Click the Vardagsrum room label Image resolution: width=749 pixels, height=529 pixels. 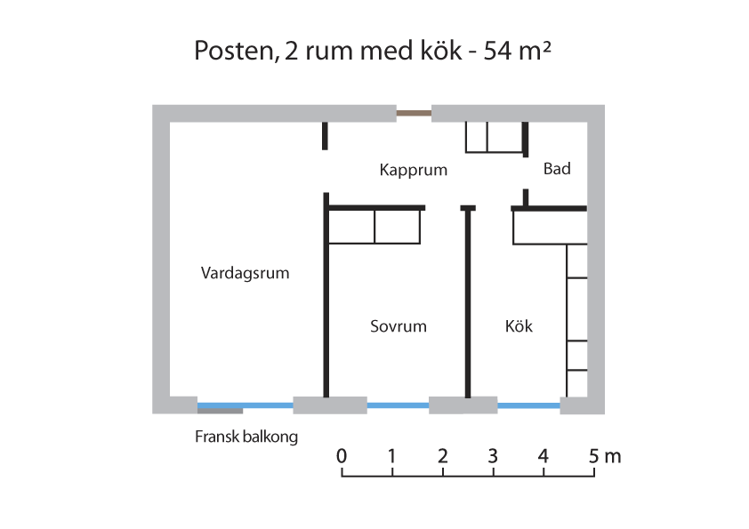point(245,273)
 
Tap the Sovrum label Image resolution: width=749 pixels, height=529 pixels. point(399,326)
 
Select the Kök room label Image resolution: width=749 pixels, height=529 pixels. point(519,326)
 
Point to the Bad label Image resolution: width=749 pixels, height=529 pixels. point(557,169)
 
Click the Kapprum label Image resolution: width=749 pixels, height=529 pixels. point(414,170)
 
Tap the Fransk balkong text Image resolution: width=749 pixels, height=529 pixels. point(246,437)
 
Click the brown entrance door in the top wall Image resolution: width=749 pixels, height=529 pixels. point(414,114)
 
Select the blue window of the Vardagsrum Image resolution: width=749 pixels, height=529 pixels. point(245,405)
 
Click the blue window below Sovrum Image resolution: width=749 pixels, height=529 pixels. point(398,405)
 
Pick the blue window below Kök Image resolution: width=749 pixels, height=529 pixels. point(528,405)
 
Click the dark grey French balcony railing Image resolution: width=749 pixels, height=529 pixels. point(221,411)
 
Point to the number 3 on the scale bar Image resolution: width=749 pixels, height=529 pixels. point(493,456)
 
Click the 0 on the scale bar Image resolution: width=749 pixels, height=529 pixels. point(341,456)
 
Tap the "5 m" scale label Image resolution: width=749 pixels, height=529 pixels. point(605,456)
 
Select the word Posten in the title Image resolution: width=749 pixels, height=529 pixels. point(237,51)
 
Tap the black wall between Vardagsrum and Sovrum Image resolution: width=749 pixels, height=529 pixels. point(326,295)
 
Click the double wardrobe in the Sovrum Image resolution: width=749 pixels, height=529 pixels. point(374,227)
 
